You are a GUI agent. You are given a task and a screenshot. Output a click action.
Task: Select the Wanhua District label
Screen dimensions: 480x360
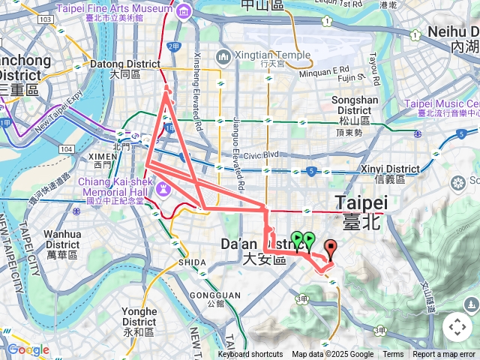coord(62,239)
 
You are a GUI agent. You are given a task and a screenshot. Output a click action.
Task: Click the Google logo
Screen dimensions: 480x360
coord(28,349)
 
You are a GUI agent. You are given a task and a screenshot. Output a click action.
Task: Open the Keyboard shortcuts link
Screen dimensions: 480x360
coord(250,355)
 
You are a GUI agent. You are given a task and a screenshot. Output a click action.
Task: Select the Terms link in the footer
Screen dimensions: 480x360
coord(393,355)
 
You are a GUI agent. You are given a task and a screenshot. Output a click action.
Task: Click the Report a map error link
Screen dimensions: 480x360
coord(444,355)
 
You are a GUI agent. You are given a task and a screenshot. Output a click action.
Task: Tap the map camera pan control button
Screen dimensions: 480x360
coord(457,327)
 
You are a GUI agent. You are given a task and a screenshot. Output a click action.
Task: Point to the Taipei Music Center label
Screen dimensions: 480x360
coord(442,104)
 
